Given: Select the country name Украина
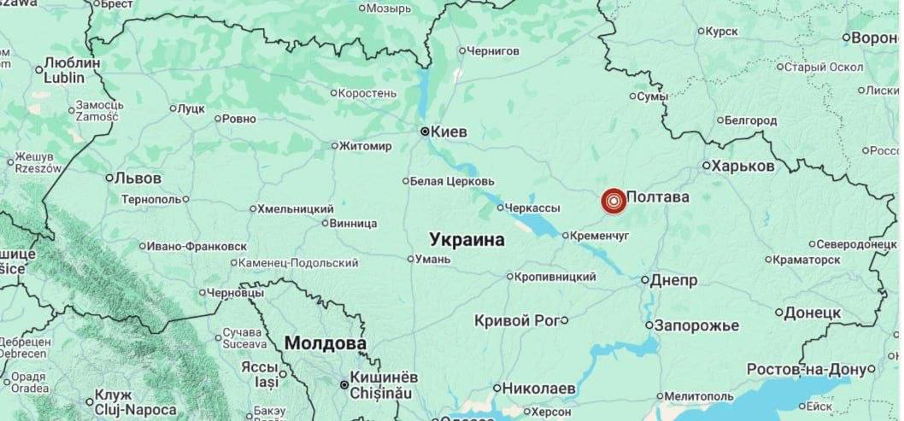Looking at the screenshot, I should tap(467, 239).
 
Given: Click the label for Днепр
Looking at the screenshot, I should tap(674, 280).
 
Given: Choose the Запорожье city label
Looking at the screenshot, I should tap(696, 325).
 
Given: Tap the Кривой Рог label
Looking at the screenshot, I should tap(517, 320).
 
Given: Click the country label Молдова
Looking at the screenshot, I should tap(325, 343).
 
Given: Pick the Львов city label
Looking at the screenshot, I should tap(138, 178).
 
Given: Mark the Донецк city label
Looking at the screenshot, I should tap(813, 313).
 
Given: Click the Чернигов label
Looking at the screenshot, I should tap(494, 50).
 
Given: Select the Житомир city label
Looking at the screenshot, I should tap(366, 146).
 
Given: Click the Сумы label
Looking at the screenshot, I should tap(652, 97).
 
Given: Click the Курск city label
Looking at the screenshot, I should tap(722, 32).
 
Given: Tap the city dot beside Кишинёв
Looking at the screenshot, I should tap(345, 386).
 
